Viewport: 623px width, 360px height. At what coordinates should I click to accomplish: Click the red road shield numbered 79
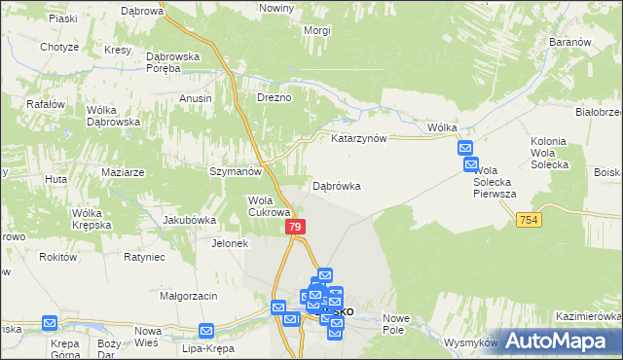(x=297, y=226)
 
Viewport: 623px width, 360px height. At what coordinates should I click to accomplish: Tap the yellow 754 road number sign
(x=529, y=221)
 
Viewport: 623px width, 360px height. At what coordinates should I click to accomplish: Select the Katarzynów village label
(x=359, y=138)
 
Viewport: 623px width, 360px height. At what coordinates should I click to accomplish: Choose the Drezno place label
(x=274, y=98)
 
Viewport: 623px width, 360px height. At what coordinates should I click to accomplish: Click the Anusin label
(x=196, y=98)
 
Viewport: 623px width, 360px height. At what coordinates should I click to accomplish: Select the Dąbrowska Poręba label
(x=172, y=62)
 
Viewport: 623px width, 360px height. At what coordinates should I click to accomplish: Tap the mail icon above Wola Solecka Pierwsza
(x=465, y=148)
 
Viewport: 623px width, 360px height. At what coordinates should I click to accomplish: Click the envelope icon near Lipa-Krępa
(x=206, y=331)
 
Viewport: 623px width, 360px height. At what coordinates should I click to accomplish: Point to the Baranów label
(x=570, y=43)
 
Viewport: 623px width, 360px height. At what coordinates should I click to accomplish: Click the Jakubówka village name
(x=189, y=220)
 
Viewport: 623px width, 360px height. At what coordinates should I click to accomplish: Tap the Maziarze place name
(x=123, y=172)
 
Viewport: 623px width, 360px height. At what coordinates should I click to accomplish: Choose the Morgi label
(x=289, y=30)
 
